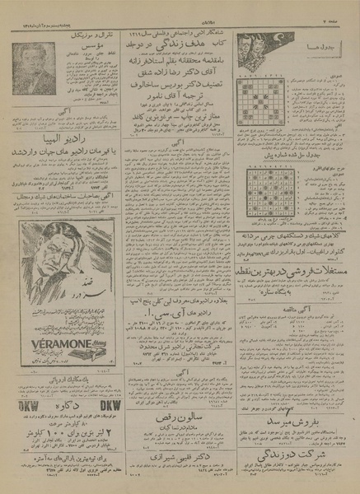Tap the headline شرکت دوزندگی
[291, 441]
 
